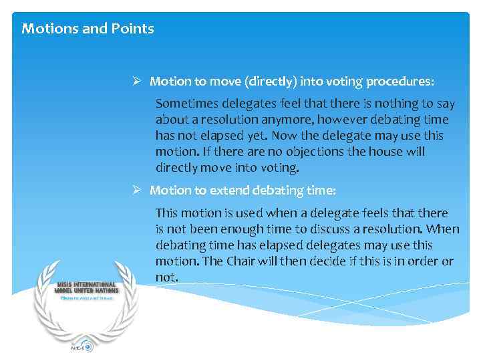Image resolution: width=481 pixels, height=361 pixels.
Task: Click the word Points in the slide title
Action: pos(134,29)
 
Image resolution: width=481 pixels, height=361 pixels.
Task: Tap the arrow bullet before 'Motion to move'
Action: pos(136,82)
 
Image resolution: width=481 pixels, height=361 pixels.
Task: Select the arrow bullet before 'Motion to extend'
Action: pos(136,191)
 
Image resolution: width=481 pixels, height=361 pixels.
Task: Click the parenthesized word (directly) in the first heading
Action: pos(271,82)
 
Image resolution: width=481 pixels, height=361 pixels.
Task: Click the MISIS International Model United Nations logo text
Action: pos(86,287)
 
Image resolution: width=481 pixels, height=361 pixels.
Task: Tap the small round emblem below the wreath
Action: pos(87,347)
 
